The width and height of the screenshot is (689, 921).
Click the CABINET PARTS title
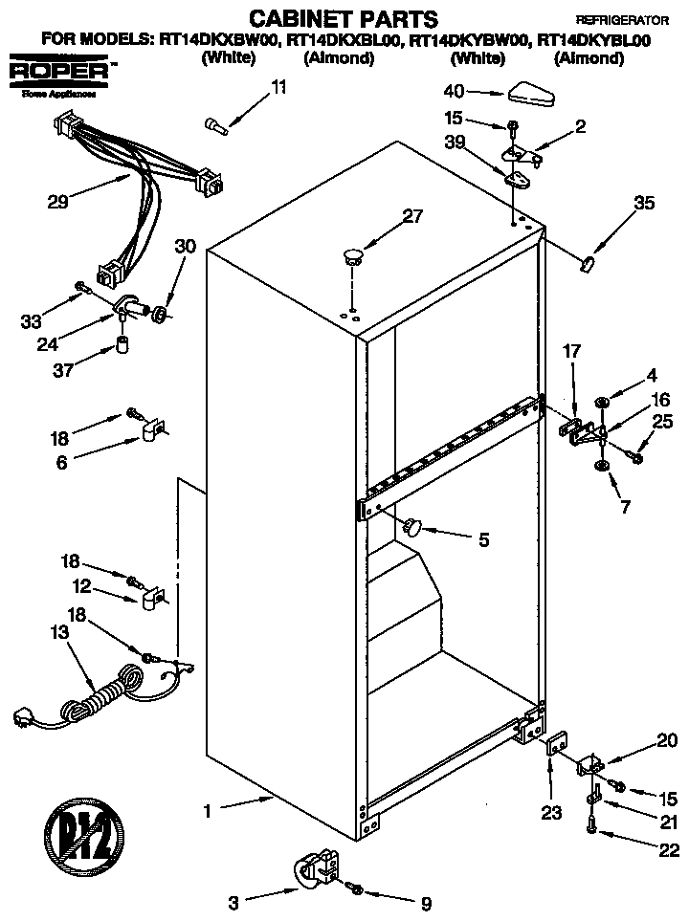click(x=329, y=17)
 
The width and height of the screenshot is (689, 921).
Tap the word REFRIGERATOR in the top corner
click(x=622, y=19)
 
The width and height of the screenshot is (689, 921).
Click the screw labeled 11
click(x=214, y=123)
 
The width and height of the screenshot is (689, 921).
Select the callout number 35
click(x=645, y=202)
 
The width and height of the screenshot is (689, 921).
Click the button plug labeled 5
click(x=413, y=525)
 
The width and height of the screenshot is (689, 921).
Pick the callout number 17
click(x=571, y=352)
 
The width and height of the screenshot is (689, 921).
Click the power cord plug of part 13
click(x=23, y=715)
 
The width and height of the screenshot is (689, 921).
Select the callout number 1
click(x=207, y=811)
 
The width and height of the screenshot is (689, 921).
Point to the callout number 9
click(x=426, y=901)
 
